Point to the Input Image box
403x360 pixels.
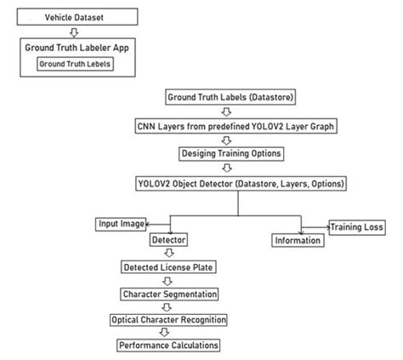click(121, 224)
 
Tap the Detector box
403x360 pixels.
click(168, 240)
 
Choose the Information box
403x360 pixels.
click(298, 241)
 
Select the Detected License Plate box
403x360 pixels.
click(168, 267)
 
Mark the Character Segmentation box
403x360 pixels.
click(168, 294)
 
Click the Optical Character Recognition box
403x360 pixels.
click(168, 320)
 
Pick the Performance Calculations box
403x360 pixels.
click(168, 346)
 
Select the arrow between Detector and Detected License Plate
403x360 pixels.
click(168, 254)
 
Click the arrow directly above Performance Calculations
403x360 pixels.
click(168, 333)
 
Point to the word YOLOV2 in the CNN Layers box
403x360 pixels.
click(267, 125)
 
